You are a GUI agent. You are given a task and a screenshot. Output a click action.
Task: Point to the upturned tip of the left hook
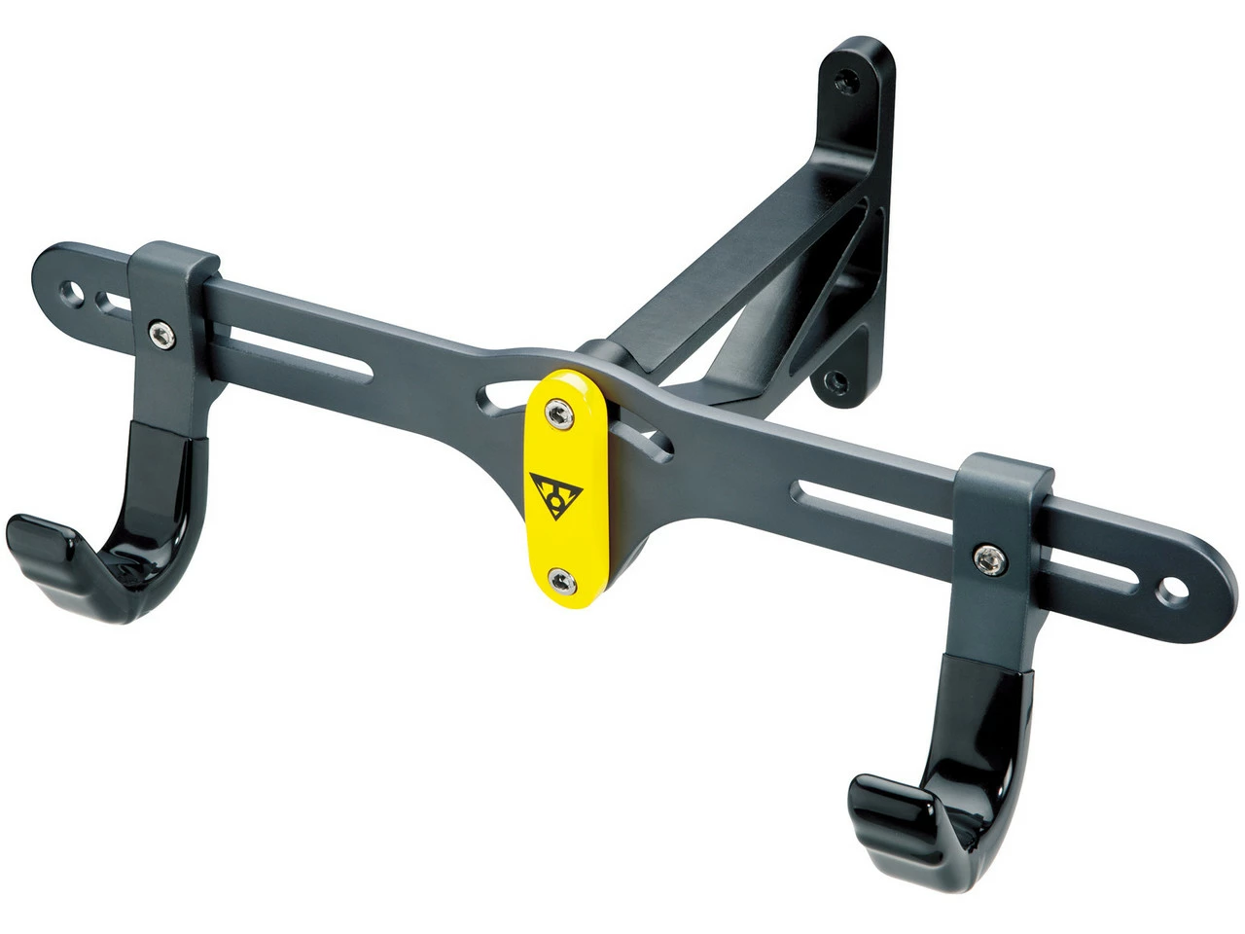pyautogui.click(x=39, y=538)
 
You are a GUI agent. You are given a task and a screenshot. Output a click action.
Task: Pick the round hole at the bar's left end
pyautogui.click(x=69, y=289)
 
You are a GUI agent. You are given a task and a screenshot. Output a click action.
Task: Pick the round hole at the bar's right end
pyautogui.click(x=1170, y=590)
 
